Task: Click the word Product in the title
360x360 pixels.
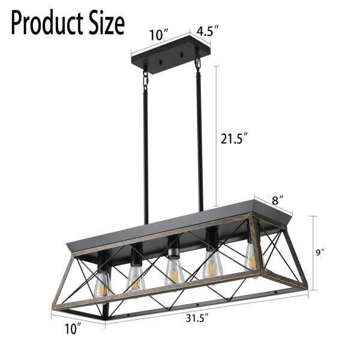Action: click(x=47, y=23)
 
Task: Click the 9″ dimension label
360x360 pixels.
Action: click(x=320, y=253)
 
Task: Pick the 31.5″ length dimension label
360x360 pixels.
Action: click(x=197, y=318)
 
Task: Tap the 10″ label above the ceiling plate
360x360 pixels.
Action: click(x=159, y=35)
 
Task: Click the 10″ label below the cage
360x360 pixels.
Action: click(x=73, y=329)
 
